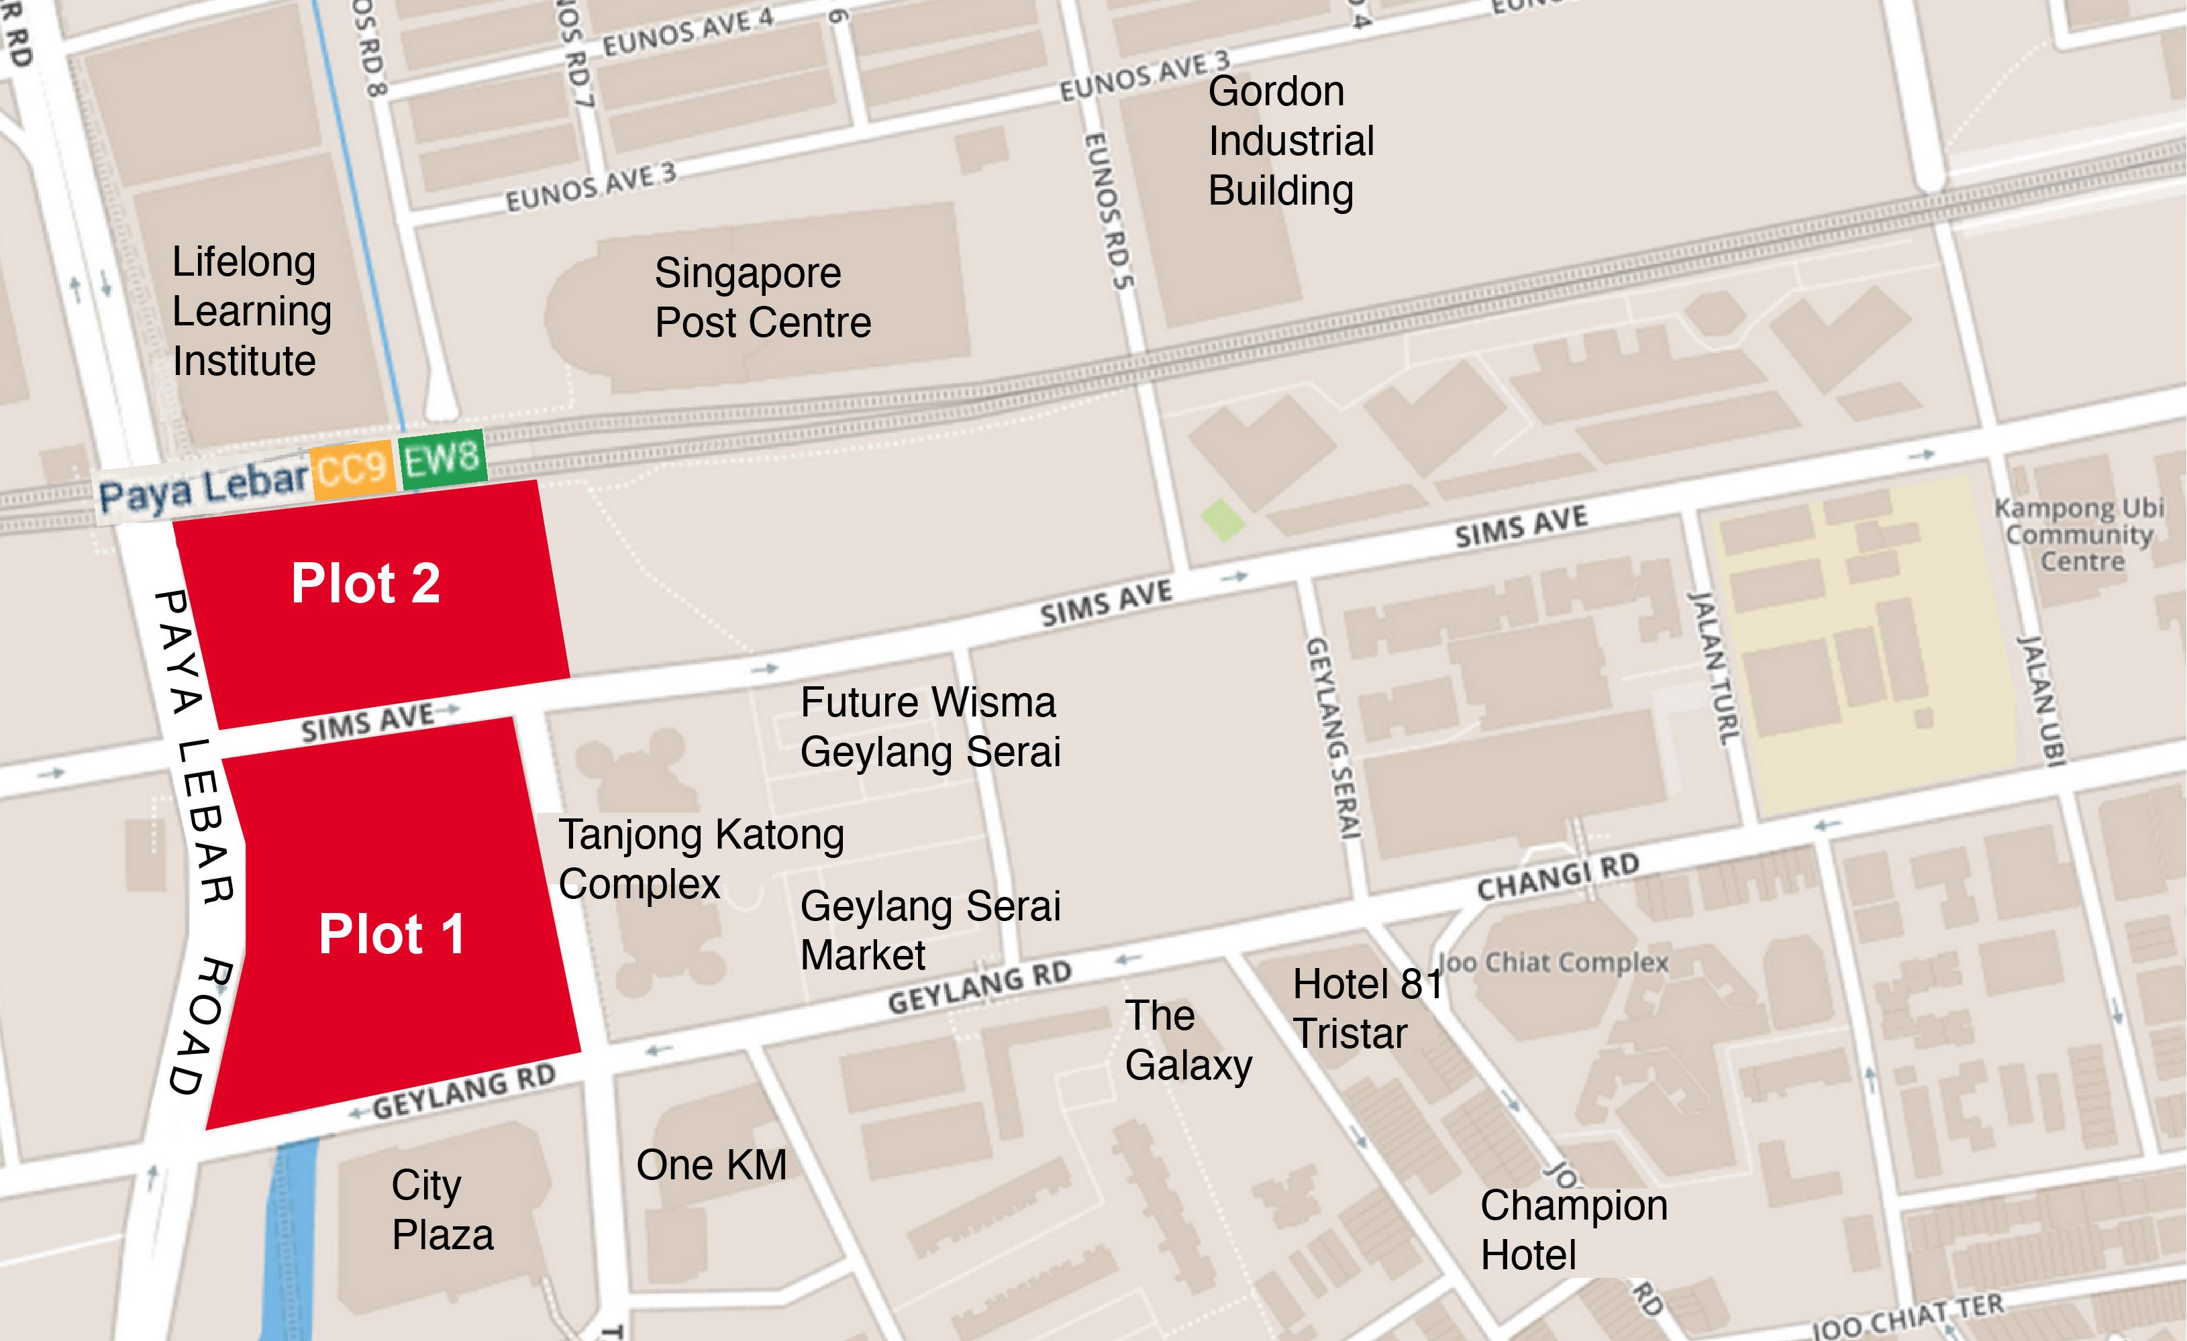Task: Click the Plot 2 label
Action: click(x=365, y=583)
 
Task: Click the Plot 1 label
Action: click(x=391, y=934)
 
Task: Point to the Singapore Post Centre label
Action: click(x=762, y=297)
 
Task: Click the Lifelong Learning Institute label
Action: click(x=251, y=311)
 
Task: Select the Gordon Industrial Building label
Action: click(x=1290, y=141)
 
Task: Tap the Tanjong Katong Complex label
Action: click(x=701, y=858)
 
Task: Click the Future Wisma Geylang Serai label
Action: click(x=929, y=726)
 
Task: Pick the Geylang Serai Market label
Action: click(x=929, y=929)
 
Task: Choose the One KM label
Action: click(x=711, y=1165)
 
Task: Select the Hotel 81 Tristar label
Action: click(x=1367, y=1008)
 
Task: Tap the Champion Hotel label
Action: click(x=1573, y=1229)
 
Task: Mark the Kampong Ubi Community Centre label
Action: click(x=2079, y=534)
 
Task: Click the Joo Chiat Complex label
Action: click(x=1552, y=962)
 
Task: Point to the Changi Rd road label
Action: click(x=1557, y=875)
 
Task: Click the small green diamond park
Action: click(x=1222, y=519)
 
